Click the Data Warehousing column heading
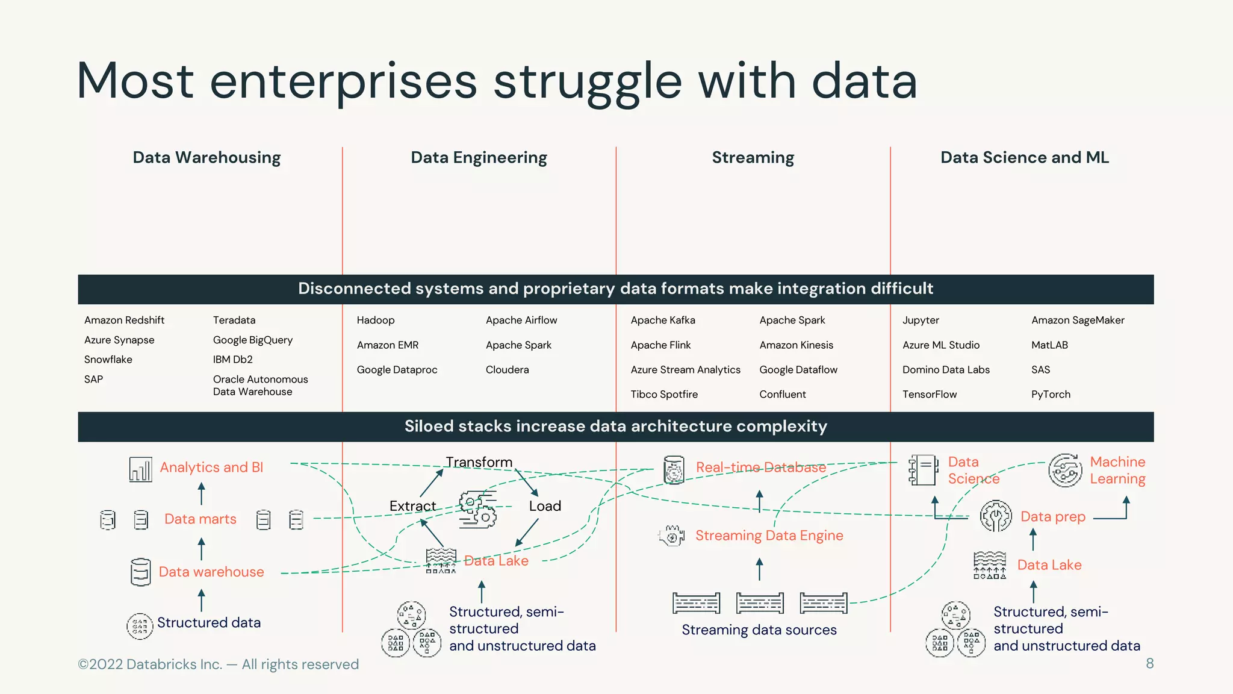[207, 158]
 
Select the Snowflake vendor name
[108, 360]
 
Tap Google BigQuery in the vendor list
[253, 340]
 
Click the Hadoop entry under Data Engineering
[376, 320]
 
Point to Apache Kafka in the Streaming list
[663, 320]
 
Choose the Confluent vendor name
[783, 395]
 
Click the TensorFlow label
[930, 395]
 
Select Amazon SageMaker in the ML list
[1078, 320]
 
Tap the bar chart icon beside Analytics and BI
[140, 469]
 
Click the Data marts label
[200, 519]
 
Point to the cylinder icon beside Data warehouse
[140, 572]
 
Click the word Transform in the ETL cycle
[479, 462]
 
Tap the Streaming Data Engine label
[769, 536]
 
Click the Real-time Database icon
[674, 470]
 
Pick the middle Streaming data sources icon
[760, 603]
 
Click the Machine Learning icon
[1065, 470]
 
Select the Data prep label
[1053, 517]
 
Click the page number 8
[1149, 664]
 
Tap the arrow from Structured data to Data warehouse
[202, 600]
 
